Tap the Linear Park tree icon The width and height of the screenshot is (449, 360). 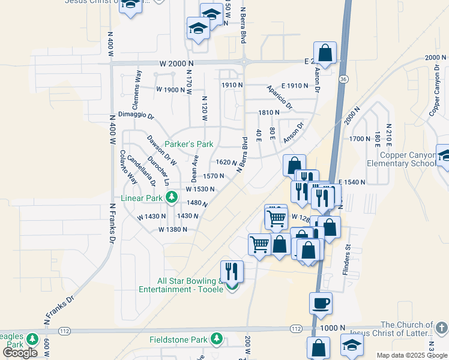tap(171, 197)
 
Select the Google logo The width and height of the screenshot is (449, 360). tap(20, 353)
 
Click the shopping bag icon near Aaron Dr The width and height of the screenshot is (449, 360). tap(325, 53)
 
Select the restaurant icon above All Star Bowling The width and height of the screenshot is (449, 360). tap(231, 271)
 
